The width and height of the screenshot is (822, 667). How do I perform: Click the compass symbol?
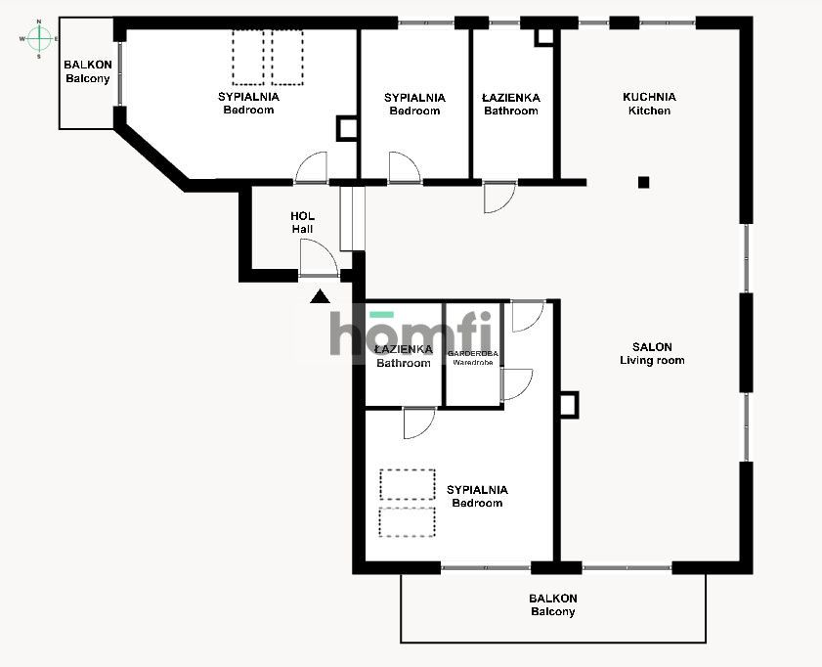tap(38, 39)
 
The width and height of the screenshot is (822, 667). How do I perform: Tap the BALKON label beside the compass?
tap(88, 71)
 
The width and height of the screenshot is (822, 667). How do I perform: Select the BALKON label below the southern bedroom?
tap(553, 604)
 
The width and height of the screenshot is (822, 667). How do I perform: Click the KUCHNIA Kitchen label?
tap(649, 104)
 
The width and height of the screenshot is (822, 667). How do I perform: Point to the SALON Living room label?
tap(651, 353)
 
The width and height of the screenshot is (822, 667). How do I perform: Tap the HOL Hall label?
tap(302, 222)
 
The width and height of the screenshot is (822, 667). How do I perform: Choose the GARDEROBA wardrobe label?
tap(473, 357)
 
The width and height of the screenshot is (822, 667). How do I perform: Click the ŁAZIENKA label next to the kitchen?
tap(511, 104)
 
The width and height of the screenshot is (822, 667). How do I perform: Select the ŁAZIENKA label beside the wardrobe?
tap(404, 356)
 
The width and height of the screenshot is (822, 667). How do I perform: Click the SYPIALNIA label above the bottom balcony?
tap(477, 496)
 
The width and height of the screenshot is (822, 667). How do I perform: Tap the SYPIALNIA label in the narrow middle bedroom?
tap(414, 104)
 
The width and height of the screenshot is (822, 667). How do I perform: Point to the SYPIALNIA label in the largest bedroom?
tap(248, 103)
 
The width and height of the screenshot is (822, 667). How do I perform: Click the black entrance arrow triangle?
tap(320, 296)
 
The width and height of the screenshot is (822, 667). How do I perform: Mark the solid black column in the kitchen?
tap(643, 181)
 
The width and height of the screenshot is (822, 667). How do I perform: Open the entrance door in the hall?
tap(319, 259)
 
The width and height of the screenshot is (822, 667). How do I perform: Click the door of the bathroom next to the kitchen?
tap(498, 197)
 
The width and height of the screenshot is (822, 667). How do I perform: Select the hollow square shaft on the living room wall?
tap(568, 403)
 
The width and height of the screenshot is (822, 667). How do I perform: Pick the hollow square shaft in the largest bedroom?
tap(347, 128)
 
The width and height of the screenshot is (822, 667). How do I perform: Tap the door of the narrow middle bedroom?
tap(404, 167)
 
